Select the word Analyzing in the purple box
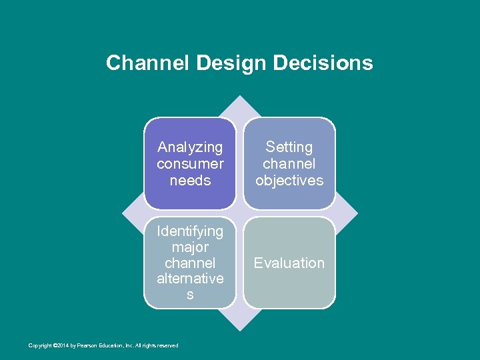pyautogui.click(x=190, y=147)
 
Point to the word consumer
pyautogui.click(x=190, y=163)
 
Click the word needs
pyautogui.click(x=190, y=180)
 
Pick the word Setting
pyautogui.click(x=289, y=147)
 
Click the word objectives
pyautogui.click(x=289, y=180)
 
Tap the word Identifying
pyautogui.click(x=190, y=231)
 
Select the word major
pyautogui.click(x=190, y=247)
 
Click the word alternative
pyautogui.click(x=190, y=279)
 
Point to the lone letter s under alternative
pyautogui.click(x=190, y=295)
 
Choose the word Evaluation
pyautogui.click(x=289, y=263)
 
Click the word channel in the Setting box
pyautogui.click(x=289, y=163)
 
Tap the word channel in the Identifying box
pyautogui.click(x=190, y=263)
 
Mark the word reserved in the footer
pyautogui.click(x=167, y=345)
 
